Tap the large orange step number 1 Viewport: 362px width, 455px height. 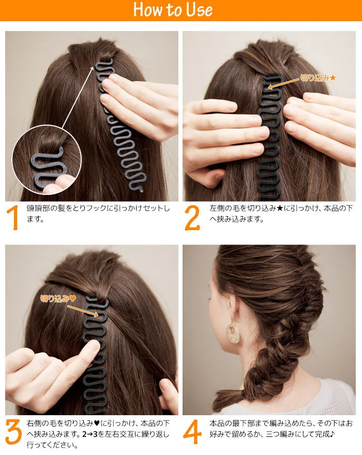[14, 218]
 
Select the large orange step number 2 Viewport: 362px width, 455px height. [192, 218]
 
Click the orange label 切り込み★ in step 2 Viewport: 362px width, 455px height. [319, 78]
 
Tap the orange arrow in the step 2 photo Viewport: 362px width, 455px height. [284, 82]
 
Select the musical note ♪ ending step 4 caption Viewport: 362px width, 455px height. [331, 433]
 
